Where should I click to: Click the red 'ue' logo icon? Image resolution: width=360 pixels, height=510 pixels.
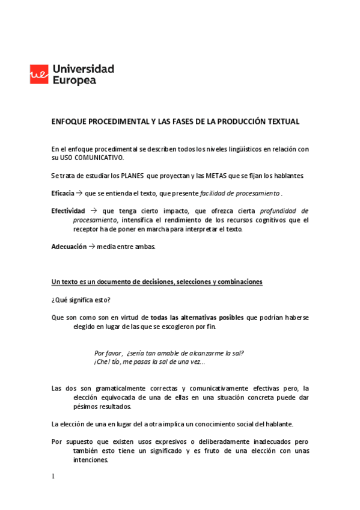[x=40, y=74]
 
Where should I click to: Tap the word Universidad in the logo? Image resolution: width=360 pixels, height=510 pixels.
[x=83, y=69]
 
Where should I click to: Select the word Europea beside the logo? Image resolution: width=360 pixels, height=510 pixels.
[x=75, y=80]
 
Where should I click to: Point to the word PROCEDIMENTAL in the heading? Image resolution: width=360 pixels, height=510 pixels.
[x=113, y=121]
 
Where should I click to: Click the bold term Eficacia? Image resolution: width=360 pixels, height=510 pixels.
[x=63, y=194]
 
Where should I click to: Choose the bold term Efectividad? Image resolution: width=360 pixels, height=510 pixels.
[x=68, y=211]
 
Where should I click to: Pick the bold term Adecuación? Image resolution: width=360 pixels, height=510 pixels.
[x=69, y=247]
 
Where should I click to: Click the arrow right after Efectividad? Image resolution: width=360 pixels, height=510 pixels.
[x=93, y=211]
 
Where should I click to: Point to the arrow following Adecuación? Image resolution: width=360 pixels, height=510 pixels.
[x=92, y=247]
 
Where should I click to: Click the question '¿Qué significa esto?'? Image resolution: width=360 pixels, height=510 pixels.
[x=81, y=300]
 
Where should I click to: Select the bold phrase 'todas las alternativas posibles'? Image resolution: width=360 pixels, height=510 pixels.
[x=197, y=318]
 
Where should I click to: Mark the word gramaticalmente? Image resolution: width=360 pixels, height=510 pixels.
[x=115, y=389]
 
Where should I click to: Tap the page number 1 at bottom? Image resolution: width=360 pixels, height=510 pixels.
[x=53, y=477]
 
